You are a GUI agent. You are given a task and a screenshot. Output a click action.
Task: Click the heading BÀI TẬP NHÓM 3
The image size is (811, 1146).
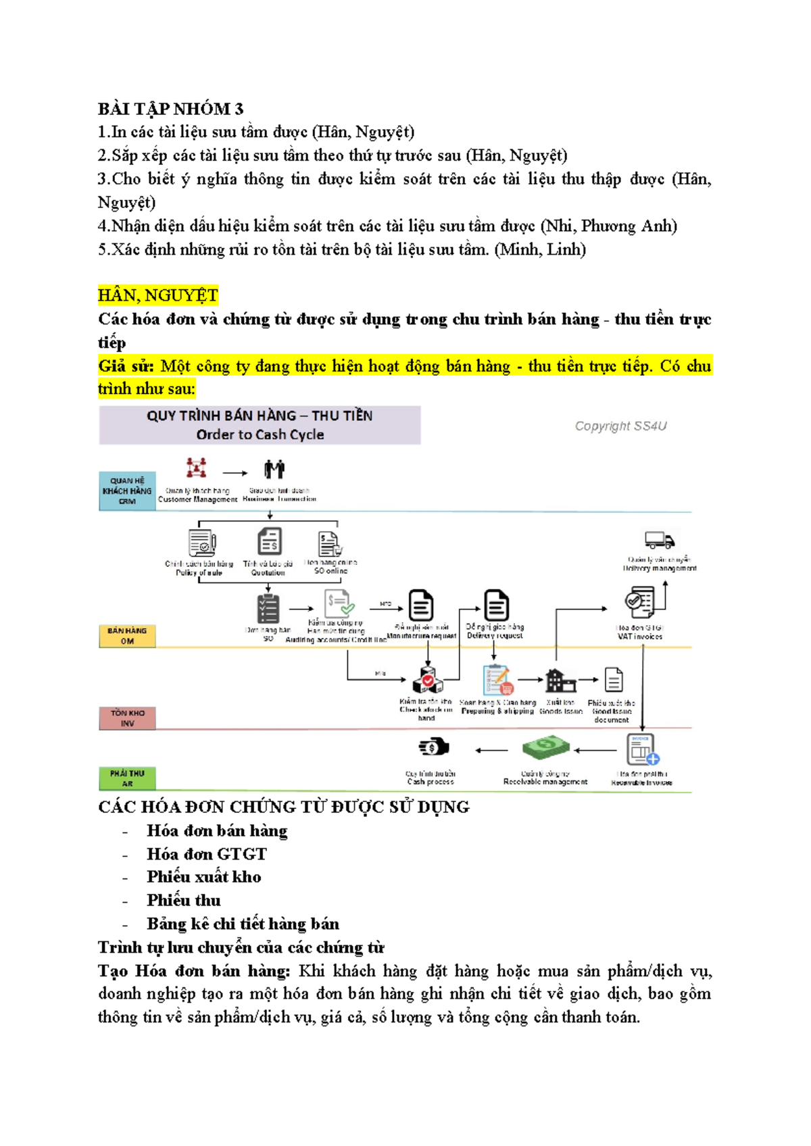(170, 109)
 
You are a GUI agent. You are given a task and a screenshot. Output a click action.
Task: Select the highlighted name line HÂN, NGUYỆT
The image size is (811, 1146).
(157, 295)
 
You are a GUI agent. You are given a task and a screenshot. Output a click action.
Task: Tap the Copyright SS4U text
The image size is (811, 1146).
(620, 426)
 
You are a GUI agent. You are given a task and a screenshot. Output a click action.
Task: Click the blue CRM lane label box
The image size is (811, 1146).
(127, 491)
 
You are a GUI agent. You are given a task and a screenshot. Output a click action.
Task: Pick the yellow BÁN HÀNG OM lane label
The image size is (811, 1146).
(127, 636)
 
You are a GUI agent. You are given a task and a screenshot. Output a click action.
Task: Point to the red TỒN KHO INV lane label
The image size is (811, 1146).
(127, 718)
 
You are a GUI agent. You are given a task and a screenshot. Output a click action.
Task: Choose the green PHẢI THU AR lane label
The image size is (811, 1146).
(127, 778)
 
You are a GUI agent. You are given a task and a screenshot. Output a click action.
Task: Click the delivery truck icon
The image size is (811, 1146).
(659, 540)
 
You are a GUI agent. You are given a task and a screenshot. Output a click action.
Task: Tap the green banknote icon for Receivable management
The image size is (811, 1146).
(545, 748)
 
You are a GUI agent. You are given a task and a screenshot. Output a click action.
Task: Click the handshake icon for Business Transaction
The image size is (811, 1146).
(274, 469)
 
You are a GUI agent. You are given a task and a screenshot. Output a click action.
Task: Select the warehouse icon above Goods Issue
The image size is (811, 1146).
(560, 680)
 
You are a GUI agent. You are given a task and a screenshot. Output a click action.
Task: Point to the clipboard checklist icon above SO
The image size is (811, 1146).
(268, 609)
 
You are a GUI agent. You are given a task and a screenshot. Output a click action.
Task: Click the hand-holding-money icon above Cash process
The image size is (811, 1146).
(433, 747)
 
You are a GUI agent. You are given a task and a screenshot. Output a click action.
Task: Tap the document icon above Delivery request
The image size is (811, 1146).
(495, 605)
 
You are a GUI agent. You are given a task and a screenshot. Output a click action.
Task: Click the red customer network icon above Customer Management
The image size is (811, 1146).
(197, 468)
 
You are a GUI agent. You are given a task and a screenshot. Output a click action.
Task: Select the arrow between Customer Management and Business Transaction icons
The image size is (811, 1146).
(235, 473)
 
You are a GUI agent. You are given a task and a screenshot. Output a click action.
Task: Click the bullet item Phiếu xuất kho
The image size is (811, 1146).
(203, 876)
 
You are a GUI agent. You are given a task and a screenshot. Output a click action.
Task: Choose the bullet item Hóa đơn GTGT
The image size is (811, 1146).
(206, 853)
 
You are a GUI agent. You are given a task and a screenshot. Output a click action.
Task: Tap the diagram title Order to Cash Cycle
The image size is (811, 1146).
(260, 434)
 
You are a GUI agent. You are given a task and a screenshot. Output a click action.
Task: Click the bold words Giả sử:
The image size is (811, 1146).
(126, 366)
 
